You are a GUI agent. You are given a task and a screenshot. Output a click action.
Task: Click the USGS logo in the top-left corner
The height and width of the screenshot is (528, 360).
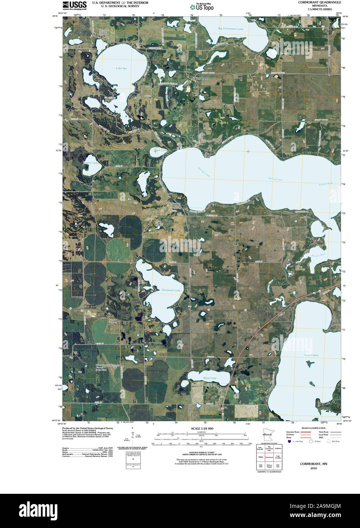click(x=74, y=5)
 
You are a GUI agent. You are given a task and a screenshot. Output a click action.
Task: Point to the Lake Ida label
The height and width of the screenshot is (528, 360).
click(x=122, y=68)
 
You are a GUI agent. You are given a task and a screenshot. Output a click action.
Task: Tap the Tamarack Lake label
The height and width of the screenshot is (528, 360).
click(x=171, y=290)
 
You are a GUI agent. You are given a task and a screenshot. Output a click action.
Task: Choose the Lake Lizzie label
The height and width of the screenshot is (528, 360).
click(x=311, y=355)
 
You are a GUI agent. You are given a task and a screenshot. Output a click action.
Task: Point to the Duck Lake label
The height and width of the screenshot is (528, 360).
click(x=160, y=150)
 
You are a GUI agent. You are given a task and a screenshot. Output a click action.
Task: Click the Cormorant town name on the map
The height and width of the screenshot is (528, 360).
click(x=201, y=78)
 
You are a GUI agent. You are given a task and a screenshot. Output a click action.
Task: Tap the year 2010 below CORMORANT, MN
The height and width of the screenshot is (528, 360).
click(x=313, y=468)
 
